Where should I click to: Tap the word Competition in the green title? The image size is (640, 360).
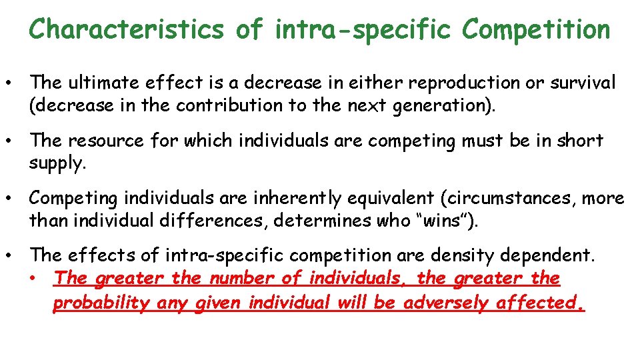click(535, 29)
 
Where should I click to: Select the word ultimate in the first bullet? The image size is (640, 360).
click(99, 83)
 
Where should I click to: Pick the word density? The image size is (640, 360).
click(473, 256)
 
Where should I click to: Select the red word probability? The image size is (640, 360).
click(102, 303)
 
